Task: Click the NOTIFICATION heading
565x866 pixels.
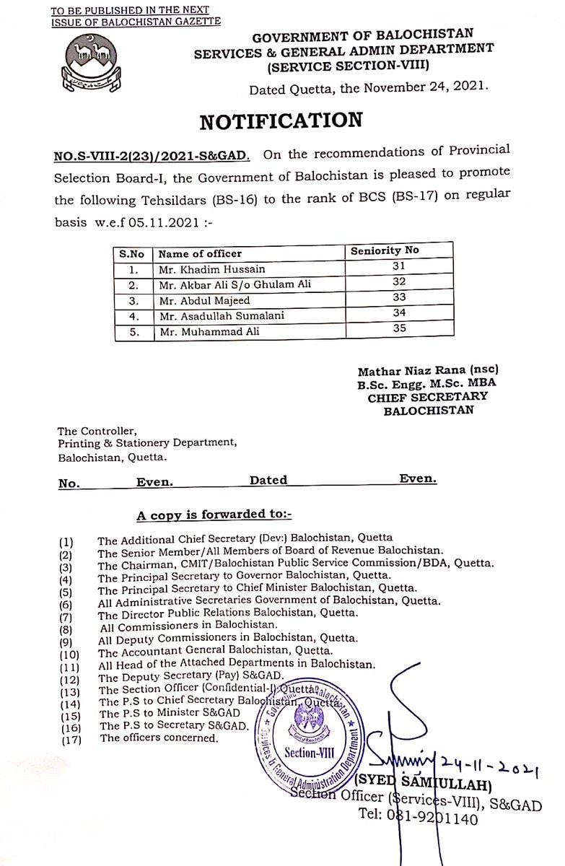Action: [x=281, y=121]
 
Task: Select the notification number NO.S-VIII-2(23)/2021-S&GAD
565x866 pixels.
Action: [x=152, y=154]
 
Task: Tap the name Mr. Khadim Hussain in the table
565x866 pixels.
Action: [x=205, y=269]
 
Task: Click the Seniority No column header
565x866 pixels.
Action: [x=385, y=252]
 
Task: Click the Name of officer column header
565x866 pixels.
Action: [x=200, y=254]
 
